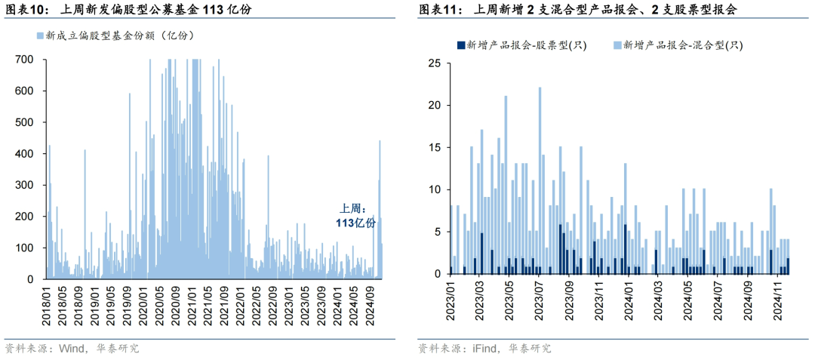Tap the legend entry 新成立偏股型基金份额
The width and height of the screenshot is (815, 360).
tap(111, 35)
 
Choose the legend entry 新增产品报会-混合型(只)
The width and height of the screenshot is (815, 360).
tap(683, 45)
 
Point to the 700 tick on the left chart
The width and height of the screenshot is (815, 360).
tap(24, 60)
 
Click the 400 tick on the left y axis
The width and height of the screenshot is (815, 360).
tap(24, 154)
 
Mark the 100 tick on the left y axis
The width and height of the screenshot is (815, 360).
tap(24, 248)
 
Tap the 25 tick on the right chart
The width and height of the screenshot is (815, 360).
tap(435, 63)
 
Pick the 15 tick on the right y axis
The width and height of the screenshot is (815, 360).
tap(435, 147)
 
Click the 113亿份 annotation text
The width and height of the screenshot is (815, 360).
tap(355, 223)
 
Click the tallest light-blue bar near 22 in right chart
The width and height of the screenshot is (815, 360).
tap(540, 181)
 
